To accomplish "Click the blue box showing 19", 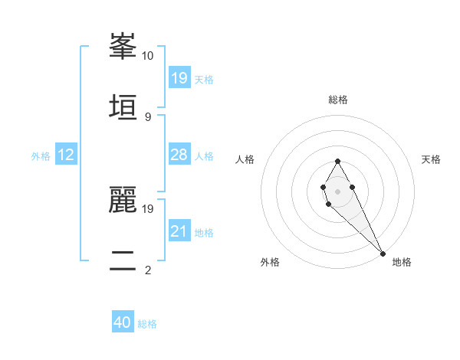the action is [179, 78].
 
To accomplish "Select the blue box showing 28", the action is [179, 155].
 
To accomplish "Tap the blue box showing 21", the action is [179, 231].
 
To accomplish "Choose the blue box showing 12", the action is [66, 155].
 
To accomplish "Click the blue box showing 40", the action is [123, 322].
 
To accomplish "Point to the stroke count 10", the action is [148, 56].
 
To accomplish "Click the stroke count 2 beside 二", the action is [148, 270].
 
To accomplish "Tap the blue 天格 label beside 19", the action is [204, 79].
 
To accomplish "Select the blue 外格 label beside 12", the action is [41, 156].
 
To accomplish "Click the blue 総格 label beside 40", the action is [147, 323].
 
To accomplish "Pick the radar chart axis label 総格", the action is [337, 100].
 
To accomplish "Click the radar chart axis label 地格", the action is [402, 262].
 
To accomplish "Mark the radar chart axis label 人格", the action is [245, 159].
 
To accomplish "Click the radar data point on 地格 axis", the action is [382, 253].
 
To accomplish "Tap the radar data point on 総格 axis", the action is [337, 161].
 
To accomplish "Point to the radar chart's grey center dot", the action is [337, 190].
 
